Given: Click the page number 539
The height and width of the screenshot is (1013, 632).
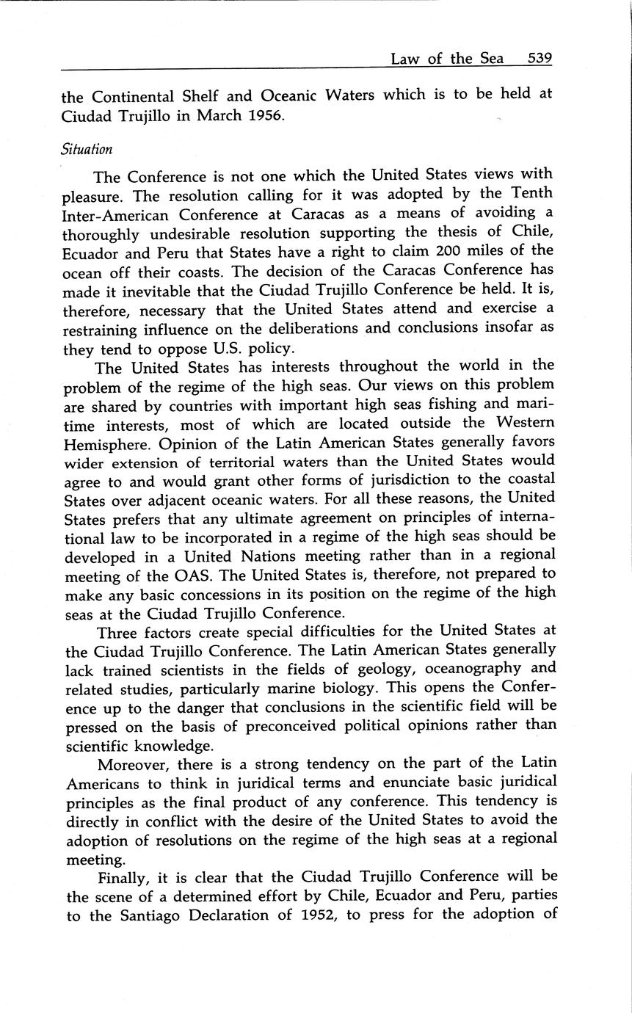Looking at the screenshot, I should (x=540, y=58).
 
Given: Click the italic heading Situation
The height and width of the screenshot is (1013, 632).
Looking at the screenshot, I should (x=87, y=150).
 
